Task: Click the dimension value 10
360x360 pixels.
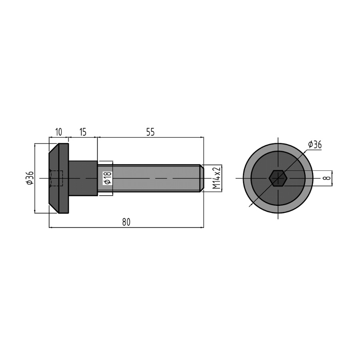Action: (x=59, y=132)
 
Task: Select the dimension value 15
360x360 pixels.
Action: (x=83, y=132)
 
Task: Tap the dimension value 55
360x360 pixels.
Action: (x=150, y=132)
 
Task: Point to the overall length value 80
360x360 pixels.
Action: (x=126, y=222)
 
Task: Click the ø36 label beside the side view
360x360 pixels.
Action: (x=30, y=178)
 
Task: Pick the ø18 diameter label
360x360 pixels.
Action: (x=108, y=178)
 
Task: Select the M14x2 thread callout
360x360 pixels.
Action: (x=216, y=178)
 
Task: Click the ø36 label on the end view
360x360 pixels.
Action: (x=315, y=145)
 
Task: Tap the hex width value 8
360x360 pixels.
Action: (x=328, y=178)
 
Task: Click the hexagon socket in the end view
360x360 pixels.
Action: (x=278, y=178)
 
